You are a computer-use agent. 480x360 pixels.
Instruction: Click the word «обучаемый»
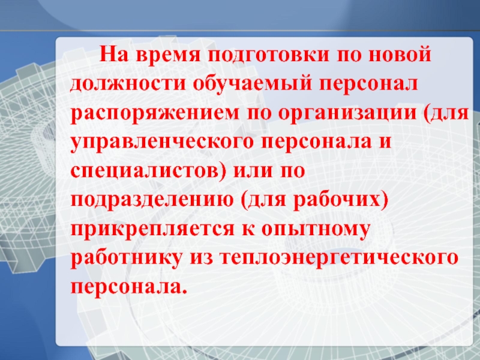[252, 83]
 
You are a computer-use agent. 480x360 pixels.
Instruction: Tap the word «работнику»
[126, 257]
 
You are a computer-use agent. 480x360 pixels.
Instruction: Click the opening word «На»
[113, 54]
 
